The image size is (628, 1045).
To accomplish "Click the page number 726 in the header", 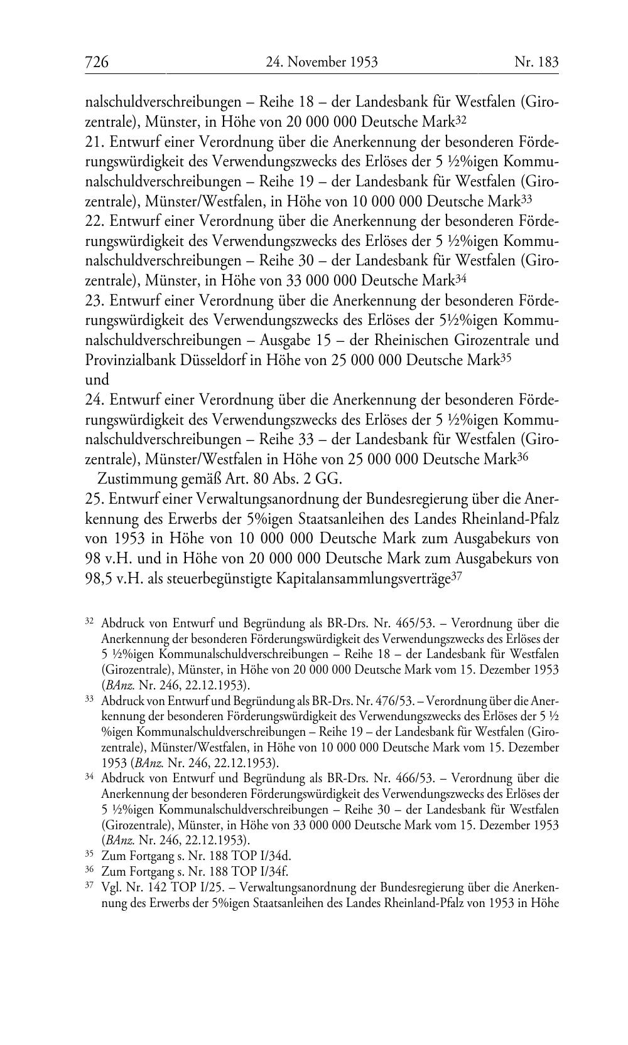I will (97, 62).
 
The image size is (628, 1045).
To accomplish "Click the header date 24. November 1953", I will (321, 62).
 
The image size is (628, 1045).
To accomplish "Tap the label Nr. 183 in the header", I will (536, 62).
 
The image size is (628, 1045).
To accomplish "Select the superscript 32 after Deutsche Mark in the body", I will (461, 119).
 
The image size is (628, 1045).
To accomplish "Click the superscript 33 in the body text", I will (526, 199).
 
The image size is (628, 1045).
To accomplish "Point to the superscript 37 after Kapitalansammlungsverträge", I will (457, 576).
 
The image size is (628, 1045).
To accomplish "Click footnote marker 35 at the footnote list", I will (89, 854).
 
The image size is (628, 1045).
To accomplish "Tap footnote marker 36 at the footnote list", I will (89, 870).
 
